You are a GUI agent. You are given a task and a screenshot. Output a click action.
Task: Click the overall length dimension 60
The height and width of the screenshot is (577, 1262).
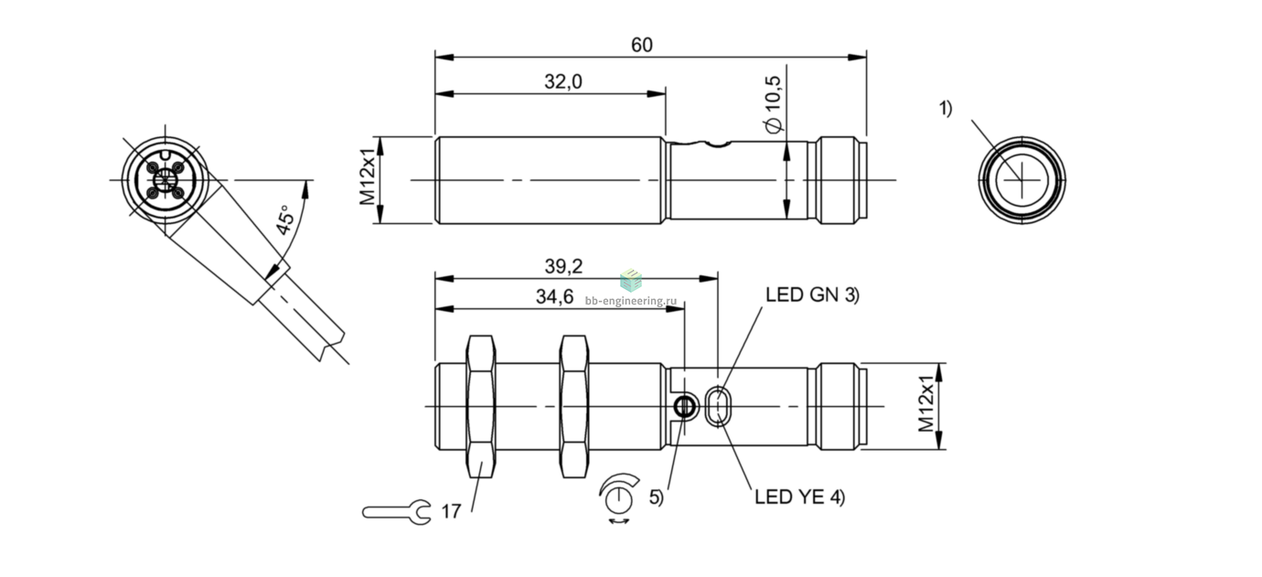point(642,45)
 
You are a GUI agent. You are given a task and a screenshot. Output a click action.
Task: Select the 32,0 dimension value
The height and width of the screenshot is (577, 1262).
point(562,82)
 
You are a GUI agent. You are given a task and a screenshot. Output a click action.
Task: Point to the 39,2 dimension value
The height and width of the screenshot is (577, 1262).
point(563,266)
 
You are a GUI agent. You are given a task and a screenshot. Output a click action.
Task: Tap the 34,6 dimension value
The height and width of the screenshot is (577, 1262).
point(554,296)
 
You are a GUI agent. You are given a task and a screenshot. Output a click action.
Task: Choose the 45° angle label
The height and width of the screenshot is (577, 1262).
point(285,219)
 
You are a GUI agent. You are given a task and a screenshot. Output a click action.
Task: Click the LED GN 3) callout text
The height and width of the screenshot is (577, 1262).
point(812,294)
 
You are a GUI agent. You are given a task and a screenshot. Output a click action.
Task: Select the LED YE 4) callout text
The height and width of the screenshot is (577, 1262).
point(800,497)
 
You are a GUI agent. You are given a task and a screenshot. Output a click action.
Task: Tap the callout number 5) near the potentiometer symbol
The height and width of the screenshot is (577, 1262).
point(657,497)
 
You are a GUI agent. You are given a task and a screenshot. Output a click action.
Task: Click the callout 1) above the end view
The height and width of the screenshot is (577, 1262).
point(946,108)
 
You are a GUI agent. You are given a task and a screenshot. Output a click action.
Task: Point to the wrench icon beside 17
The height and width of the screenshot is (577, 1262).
point(397,512)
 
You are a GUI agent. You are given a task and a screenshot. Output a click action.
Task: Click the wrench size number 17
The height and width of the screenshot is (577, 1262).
point(451,512)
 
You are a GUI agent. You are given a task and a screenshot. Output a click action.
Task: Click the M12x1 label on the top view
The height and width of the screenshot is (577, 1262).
point(368,177)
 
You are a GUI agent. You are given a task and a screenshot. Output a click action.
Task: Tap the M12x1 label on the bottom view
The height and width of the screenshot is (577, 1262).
point(926,404)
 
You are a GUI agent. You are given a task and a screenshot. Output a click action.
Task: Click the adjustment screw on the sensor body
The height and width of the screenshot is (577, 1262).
point(684,406)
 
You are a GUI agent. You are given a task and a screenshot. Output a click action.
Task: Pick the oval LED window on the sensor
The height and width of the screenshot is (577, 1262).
point(718,406)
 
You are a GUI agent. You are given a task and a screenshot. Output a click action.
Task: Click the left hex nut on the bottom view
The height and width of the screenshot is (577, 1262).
point(482,406)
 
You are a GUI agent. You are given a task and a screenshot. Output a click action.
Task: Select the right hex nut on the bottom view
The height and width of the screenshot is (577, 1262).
point(574,406)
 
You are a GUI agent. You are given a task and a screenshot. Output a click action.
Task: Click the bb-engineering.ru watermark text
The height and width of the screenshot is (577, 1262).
point(630,301)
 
